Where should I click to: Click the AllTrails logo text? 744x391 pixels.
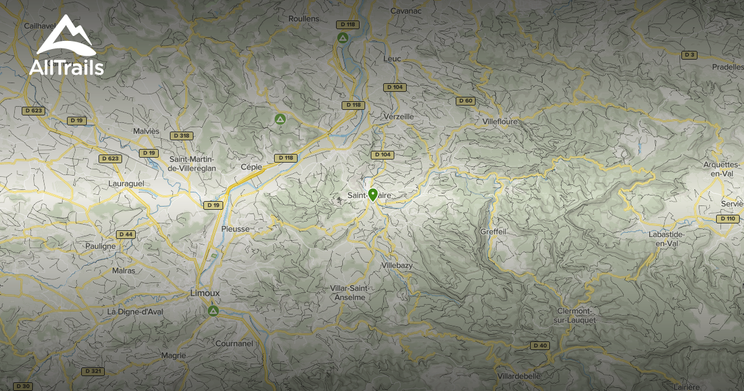click(x=66, y=67)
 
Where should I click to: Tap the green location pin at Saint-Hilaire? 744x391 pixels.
click(x=373, y=195)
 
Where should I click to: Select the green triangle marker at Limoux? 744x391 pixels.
click(x=213, y=310)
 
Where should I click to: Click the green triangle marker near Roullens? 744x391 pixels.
click(x=342, y=38)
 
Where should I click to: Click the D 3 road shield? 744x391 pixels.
click(x=689, y=55)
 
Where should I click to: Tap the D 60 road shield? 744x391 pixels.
click(x=465, y=101)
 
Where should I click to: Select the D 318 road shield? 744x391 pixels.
click(x=182, y=135)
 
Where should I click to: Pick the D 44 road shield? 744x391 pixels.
click(x=126, y=234)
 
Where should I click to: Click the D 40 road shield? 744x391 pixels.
click(x=540, y=345)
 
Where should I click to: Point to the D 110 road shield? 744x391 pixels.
click(x=728, y=218)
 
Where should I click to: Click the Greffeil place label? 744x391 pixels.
click(x=494, y=231)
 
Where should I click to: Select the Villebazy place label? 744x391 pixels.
click(x=396, y=265)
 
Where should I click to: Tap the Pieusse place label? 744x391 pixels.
click(x=235, y=228)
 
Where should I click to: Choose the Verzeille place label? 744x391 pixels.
click(x=398, y=116)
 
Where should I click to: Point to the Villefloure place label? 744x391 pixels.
click(x=499, y=122)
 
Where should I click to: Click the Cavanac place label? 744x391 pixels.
click(x=407, y=11)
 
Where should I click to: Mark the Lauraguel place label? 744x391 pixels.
click(x=126, y=184)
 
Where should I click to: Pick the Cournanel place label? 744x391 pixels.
click(x=234, y=343)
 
